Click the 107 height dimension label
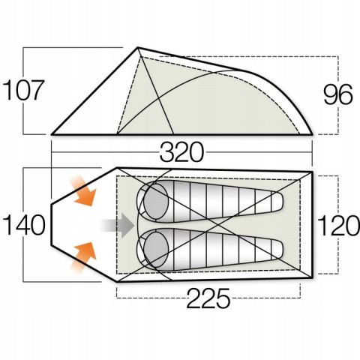[23, 90]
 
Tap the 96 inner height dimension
[338, 94]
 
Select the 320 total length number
[181, 152]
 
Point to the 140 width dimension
[24, 225]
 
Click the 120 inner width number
[339, 226]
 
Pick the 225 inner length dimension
[208, 298]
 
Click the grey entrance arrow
[118, 225]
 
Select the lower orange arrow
[83, 257]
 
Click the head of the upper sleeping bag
[156, 202]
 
